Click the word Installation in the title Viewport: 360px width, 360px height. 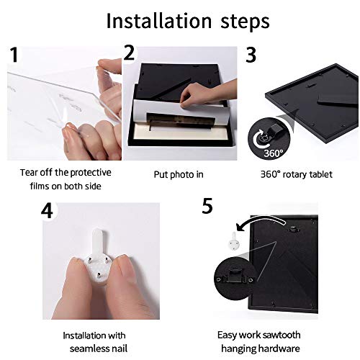[x=159, y=21]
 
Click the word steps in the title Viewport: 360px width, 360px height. [x=245, y=22]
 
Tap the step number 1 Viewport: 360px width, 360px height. [x=14, y=55]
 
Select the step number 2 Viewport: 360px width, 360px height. [x=130, y=53]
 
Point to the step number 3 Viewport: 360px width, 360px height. [x=251, y=55]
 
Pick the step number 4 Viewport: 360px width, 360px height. [x=47, y=211]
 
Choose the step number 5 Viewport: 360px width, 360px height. [x=207, y=206]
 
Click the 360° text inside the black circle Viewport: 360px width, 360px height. [x=274, y=153]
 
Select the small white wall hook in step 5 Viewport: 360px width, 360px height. [x=234, y=241]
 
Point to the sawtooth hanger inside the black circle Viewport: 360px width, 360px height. [x=234, y=276]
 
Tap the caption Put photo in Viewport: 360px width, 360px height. [x=179, y=175]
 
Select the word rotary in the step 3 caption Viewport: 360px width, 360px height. [x=297, y=174]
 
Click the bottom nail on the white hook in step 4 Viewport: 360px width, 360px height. [x=99, y=275]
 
